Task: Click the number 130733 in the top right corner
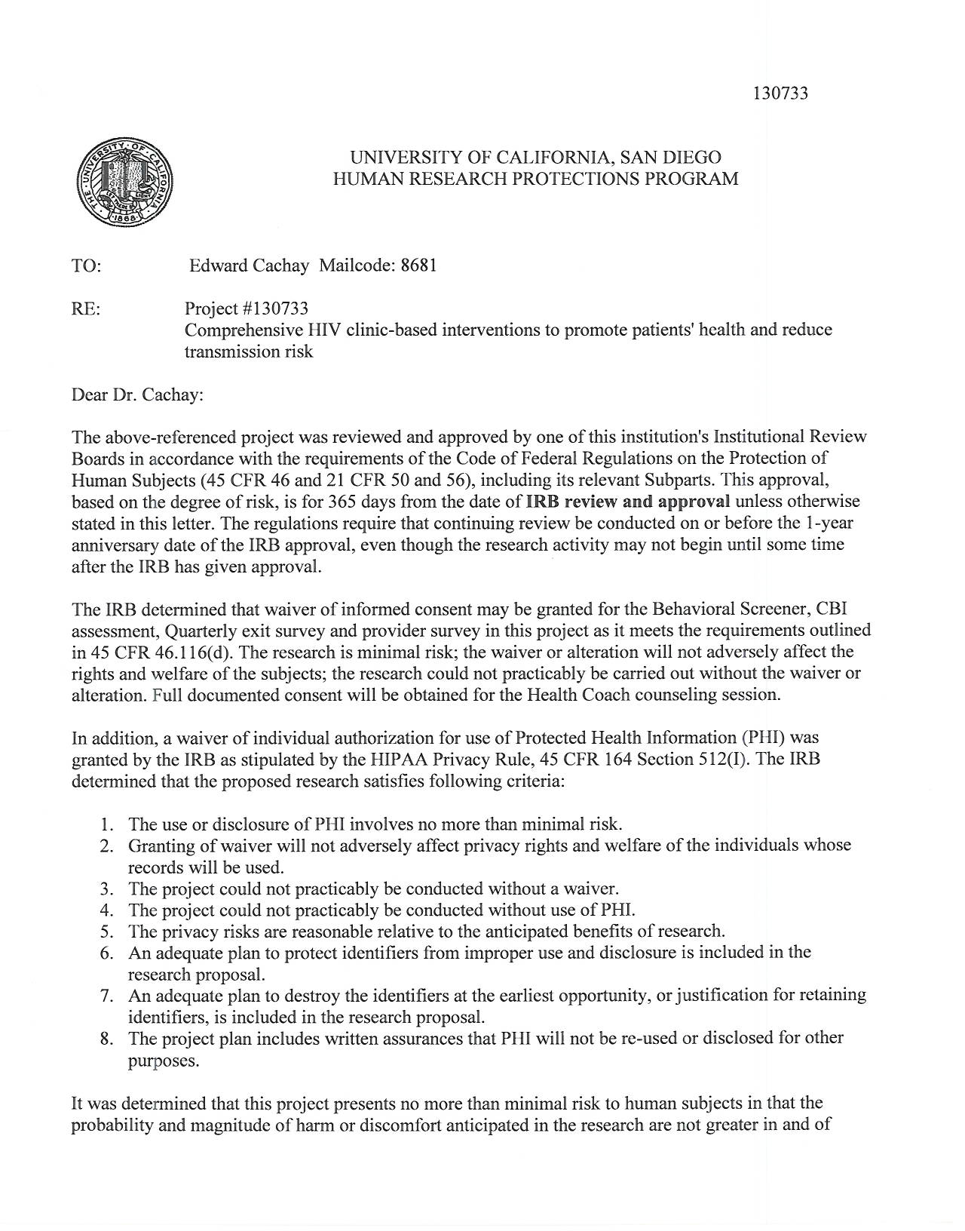click(780, 94)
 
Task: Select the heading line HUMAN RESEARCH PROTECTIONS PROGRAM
click(535, 179)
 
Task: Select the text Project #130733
click(247, 309)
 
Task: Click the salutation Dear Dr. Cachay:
click(137, 394)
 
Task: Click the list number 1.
click(108, 824)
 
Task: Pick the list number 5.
click(108, 932)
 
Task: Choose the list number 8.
click(108, 1039)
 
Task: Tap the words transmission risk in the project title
click(249, 351)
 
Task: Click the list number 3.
click(108, 889)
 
